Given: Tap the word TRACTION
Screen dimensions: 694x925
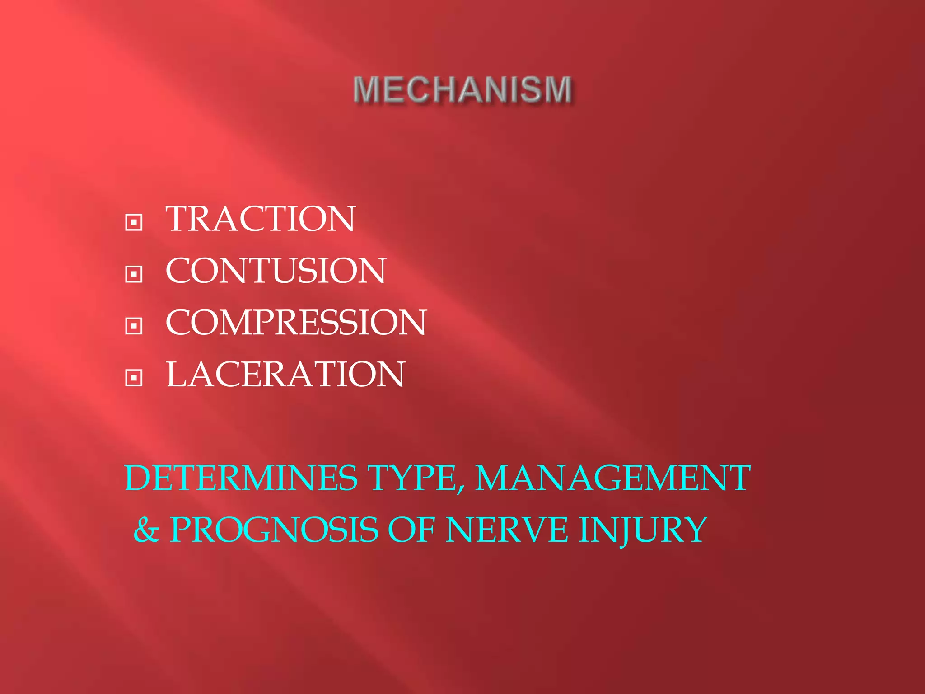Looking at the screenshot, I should [x=261, y=219].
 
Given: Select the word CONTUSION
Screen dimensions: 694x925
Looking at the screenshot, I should [x=276, y=271].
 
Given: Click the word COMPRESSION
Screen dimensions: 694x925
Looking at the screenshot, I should [x=296, y=323].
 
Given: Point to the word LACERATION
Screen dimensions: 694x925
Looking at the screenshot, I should [x=285, y=375].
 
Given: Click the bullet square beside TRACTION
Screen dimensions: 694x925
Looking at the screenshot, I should [x=134, y=222].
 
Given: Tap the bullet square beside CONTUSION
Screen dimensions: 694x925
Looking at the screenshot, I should [x=134, y=274].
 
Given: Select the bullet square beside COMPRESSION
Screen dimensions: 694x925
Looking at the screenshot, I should [x=134, y=326].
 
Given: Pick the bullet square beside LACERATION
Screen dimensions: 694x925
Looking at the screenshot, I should [x=134, y=377].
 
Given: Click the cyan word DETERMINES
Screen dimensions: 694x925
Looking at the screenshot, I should [x=241, y=478].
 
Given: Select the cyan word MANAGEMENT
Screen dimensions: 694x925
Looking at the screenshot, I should [x=613, y=478].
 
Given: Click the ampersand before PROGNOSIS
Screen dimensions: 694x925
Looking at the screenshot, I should [x=146, y=530].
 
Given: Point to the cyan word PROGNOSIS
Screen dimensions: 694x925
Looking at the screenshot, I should [x=274, y=530].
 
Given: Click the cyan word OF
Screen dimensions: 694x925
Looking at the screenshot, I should [x=411, y=530].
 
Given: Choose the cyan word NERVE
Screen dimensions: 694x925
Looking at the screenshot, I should [x=507, y=530].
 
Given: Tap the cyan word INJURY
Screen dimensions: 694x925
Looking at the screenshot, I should [x=643, y=530].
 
